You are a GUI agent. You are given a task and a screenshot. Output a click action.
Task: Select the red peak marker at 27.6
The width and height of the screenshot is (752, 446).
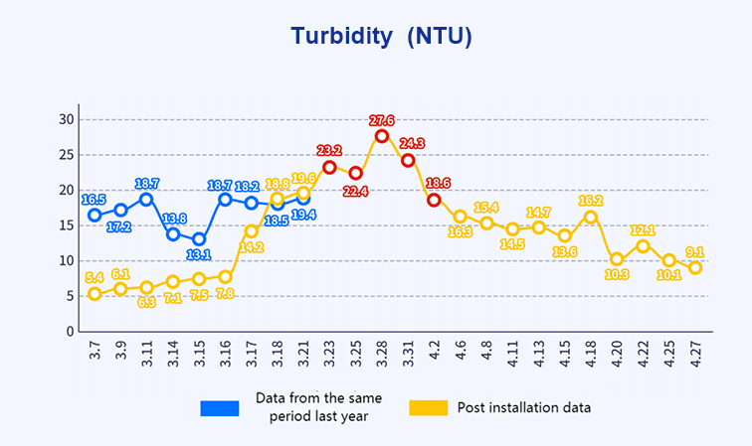click(x=382, y=136)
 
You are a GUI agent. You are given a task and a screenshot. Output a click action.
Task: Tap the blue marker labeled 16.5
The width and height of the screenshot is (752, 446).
click(x=94, y=215)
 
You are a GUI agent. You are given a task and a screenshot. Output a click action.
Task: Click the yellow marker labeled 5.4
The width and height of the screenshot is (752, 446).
click(x=94, y=293)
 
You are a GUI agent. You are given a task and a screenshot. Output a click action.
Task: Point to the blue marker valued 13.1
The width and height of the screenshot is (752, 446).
click(x=199, y=239)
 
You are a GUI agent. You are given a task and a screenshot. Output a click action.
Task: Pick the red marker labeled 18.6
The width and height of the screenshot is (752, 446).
click(x=434, y=200)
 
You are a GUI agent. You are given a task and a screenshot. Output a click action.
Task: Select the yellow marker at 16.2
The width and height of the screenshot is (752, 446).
click(x=591, y=217)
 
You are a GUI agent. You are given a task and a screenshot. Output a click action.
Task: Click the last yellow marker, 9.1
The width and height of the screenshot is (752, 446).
click(x=695, y=267)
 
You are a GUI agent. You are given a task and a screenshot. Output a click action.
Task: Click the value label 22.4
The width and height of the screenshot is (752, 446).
click(x=355, y=191)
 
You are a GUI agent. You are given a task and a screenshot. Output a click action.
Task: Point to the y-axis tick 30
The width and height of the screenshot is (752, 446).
click(x=67, y=119)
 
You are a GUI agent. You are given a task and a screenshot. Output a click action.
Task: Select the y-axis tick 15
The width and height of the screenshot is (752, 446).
click(x=67, y=225)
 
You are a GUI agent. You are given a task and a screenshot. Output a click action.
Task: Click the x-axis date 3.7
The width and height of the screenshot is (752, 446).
click(x=94, y=353)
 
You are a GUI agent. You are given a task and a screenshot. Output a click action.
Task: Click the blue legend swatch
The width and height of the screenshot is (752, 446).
click(x=220, y=407)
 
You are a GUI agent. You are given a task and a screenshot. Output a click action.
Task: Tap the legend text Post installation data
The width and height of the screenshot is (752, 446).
click(x=524, y=407)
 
